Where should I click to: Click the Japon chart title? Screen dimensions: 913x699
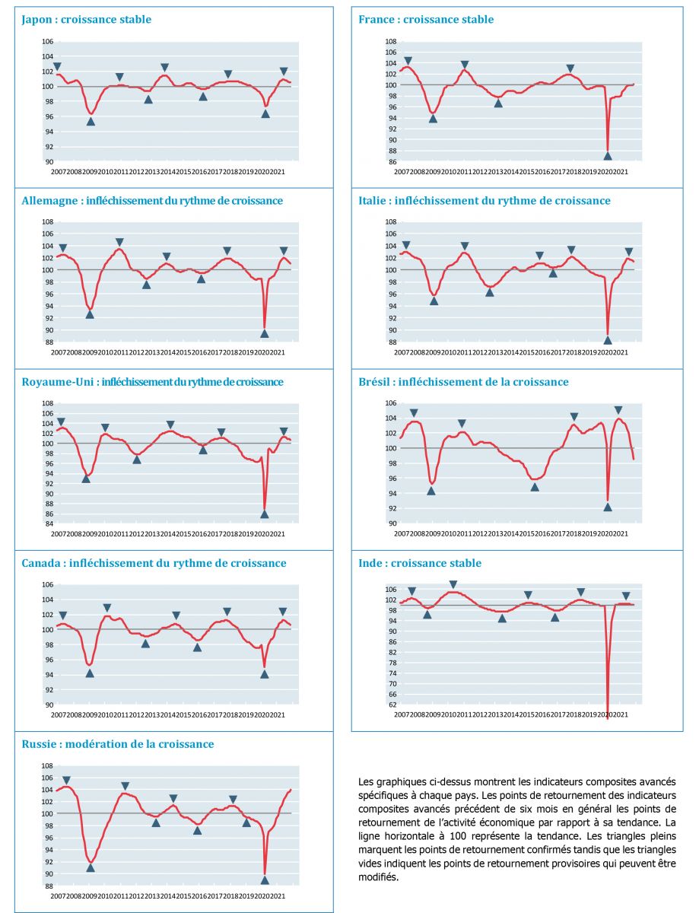click(86, 19)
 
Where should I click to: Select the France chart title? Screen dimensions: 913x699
click(426, 19)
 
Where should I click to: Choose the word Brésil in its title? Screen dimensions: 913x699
click(375, 381)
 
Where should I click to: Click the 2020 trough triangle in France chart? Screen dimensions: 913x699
click(608, 155)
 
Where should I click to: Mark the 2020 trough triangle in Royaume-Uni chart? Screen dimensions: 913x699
click(265, 514)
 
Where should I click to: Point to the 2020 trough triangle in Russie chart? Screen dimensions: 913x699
click(265, 880)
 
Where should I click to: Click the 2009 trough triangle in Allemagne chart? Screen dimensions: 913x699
click(90, 314)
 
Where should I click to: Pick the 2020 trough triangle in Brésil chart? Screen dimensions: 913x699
click(608, 507)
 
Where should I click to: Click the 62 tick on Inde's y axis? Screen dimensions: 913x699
click(392, 705)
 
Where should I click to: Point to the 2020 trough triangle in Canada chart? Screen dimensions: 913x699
click(265, 674)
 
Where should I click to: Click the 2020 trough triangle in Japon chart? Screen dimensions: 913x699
click(265, 113)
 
